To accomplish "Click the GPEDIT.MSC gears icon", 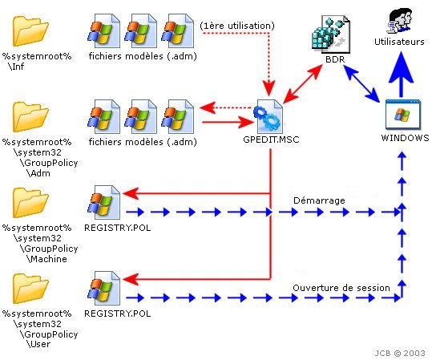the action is tap(268, 116).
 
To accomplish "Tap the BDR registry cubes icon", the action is tap(330, 34).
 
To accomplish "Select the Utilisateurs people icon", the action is tap(400, 20).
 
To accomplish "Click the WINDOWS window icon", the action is tap(403, 115).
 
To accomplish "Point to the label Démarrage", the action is tap(319, 200).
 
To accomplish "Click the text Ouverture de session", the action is tap(341, 288).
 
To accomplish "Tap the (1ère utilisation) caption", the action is tap(237, 26).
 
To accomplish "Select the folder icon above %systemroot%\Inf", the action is tap(30, 31).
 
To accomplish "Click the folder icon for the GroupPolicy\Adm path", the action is tap(30, 117).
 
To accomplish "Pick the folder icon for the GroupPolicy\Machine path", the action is tap(30, 203).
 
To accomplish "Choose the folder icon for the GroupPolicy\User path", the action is tap(30, 289).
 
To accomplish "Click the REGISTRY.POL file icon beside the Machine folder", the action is tap(104, 203).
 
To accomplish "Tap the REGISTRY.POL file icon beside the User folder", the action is tap(104, 289).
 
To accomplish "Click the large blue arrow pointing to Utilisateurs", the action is tap(401, 75).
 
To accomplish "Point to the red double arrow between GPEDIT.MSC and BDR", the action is tap(302, 84).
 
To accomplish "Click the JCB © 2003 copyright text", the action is tap(399, 353).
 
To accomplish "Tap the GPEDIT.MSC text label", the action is tap(271, 140).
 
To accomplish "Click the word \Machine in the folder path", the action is tap(46, 259).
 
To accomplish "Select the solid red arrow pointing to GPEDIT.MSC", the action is tap(228, 122).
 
